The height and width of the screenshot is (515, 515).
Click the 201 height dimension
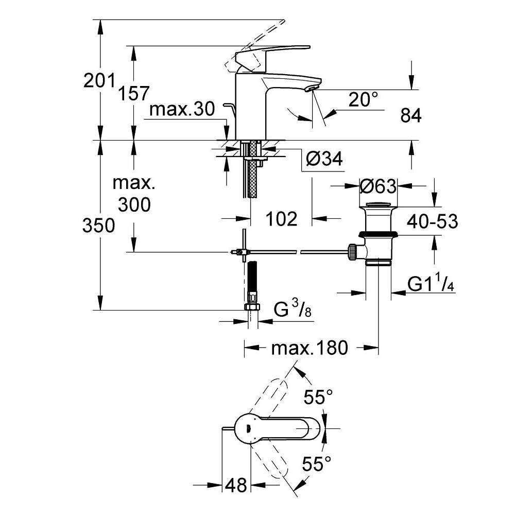(99, 80)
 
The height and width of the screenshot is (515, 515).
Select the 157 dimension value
(134, 93)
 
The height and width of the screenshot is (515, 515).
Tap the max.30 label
(182, 109)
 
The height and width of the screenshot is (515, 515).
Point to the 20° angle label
(363, 99)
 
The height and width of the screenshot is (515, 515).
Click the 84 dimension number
(411, 115)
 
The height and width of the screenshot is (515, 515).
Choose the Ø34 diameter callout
(324, 159)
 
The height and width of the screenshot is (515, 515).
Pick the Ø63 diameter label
(378, 186)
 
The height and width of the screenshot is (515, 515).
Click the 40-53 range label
(432, 221)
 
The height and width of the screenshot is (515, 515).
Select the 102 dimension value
(282, 219)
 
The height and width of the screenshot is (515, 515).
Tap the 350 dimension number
(98, 226)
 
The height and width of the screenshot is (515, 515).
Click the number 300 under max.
(134, 204)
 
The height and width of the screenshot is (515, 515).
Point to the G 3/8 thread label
(293, 309)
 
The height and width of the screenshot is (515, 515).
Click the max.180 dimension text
(310, 348)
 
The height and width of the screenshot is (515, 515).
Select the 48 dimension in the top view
(236, 485)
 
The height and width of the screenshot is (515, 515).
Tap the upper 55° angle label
(318, 397)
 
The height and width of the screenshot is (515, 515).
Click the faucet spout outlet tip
(312, 89)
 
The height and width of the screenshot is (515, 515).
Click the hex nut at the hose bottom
(252, 307)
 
